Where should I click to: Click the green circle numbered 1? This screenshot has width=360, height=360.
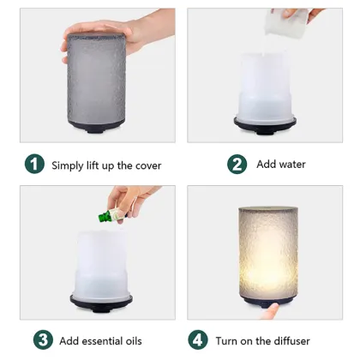(x=34, y=164)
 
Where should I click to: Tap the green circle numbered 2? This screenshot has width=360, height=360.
(x=237, y=164)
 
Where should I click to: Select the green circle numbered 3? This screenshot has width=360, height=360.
(x=44, y=340)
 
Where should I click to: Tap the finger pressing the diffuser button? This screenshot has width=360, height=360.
(x=273, y=307)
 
